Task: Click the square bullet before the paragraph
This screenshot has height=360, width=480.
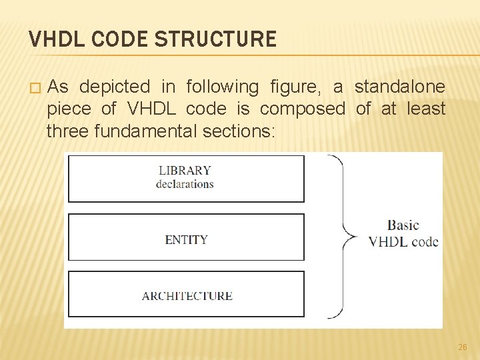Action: [x=35, y=88]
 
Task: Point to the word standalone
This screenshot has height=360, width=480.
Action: [x=400, y=87]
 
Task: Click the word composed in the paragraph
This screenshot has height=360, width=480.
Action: [x=303, y=109]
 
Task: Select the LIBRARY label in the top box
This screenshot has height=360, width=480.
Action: [x=185, y=171]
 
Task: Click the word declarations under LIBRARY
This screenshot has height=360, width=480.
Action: [x=185, y=184]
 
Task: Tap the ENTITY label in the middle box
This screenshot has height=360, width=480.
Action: [x=186, y=239]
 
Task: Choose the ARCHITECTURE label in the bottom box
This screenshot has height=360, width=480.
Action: [x=187, y=296]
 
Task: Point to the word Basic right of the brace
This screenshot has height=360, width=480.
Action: [x=403, y=225]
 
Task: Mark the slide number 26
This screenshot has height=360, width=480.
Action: [x=463, y=347]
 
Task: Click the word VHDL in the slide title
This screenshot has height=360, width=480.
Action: [x=52, y=39]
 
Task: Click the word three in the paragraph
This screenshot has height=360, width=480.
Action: [x=68, y=131]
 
